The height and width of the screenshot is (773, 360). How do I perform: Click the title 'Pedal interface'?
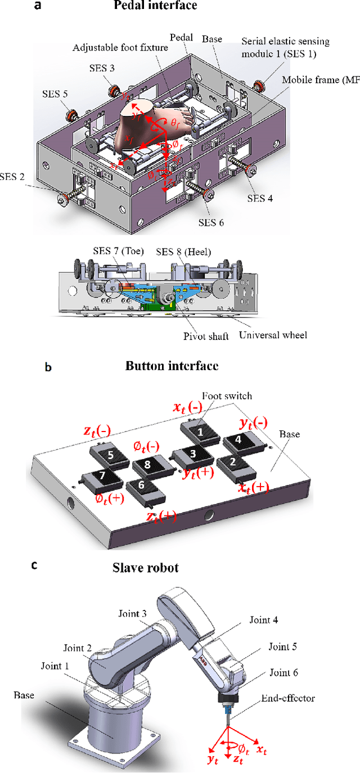click(163, 6)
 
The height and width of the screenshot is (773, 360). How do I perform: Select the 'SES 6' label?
click(211, 222)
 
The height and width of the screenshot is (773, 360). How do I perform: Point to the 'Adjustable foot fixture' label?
click(120, 48)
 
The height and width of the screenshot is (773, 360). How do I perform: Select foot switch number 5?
click(110, 455)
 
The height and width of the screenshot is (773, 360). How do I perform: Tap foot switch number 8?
click(147, 465)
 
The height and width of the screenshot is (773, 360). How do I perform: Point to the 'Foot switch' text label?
click(232, 396)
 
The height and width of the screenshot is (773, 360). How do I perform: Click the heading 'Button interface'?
click(170, 366)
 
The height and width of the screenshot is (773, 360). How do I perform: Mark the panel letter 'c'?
click(35, 565)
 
